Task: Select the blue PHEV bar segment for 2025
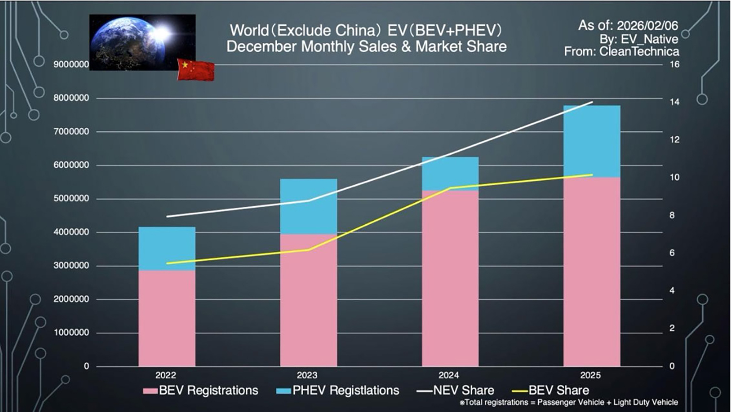(x=592, y=141)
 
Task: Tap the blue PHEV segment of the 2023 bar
(x=308, y=207)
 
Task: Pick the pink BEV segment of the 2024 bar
(x=450, y=278)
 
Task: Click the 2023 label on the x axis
(x=307, y=375)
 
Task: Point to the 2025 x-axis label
(x=590, y=375)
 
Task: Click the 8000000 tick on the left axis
(x=71, y=98)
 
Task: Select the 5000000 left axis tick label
(x=71, y=199)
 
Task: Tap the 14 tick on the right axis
(x=674, y=102)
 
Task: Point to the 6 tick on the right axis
(x=672, y=253)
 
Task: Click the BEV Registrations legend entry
(x=201, y=391)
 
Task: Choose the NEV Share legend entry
(x=456, y=391)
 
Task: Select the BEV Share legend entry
(x=551, y=391)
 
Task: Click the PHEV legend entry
(x=338, y=391)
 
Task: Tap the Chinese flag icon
(x=195, y=70)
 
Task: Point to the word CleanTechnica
(x=639, y=52)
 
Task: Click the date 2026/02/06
(x=647, y=26)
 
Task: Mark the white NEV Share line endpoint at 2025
(x=592, y=102)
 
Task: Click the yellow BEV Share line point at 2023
(x=308, y=250)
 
